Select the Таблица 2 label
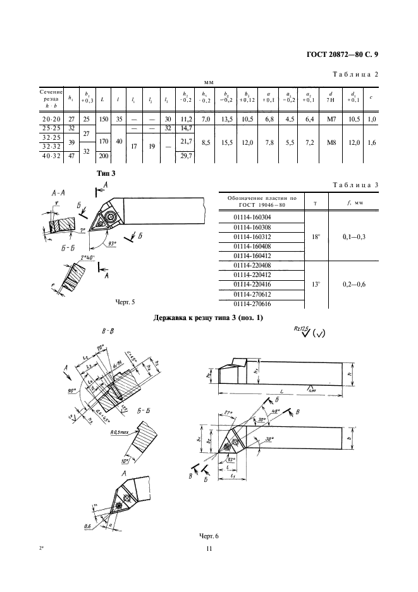click(x=355, y=75)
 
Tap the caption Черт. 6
click(x=209, y=536)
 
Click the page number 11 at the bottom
click(x=208, y=549)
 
